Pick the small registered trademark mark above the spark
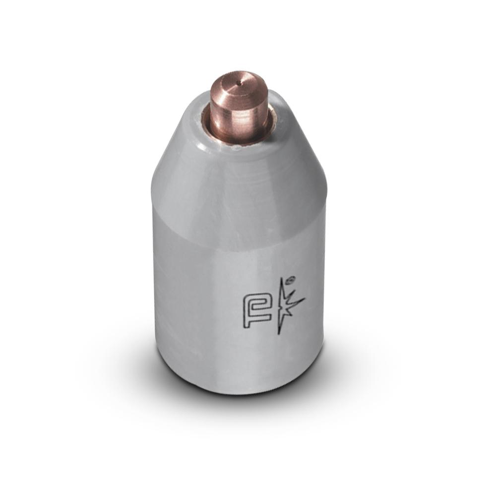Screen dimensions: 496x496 292,279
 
